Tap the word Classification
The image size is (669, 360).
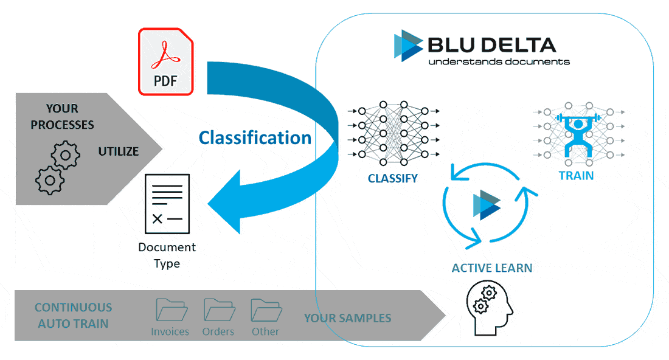pyautogui.click(x=255, y=138)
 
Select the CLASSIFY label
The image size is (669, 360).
pyautogui.click(x=393, y=179)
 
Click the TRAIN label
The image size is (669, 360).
pyautogui.click(x=576, y=176)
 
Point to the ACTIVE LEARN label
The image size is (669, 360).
pyautogui.click(x=492, y=268)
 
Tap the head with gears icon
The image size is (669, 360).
pyautogui.click(x=488, y=308)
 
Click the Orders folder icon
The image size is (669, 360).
pyautogui.click(x=218, y=310)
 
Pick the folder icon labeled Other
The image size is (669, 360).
pyautogui.click(x=266, y=310)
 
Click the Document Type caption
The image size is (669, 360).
pyautogui.click(x=167, y=255)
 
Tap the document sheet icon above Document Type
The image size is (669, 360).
pyautogui.click(x=166, y=204)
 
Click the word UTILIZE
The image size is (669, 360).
pyautogui.click(x=119, y=151)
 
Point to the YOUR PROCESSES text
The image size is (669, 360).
pyautogui.click(x=62, y=117)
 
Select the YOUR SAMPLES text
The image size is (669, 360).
pyautogui.click(x=347, y=318)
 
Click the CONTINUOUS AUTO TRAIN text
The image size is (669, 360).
pyautogui.click(x=73, y=316)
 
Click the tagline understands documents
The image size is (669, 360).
pyautogui.click(x=499, y=61)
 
